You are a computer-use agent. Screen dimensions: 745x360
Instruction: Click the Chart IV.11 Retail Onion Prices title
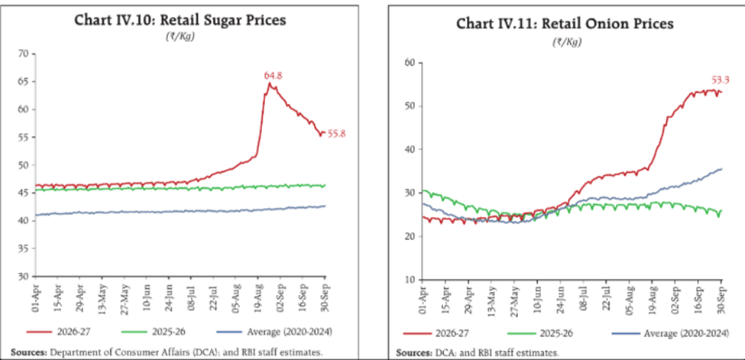565,24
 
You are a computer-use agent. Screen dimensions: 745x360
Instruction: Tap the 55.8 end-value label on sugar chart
337,134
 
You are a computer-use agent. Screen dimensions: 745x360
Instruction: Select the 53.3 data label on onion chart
720,79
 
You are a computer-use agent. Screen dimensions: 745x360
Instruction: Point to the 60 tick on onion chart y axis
412,63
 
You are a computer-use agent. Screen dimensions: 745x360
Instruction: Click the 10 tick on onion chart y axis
412,280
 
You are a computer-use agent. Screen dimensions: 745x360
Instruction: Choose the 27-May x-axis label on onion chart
515,300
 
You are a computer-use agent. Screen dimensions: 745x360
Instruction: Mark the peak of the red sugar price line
270,83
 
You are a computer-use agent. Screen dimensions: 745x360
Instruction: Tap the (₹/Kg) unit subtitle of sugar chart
180,37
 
